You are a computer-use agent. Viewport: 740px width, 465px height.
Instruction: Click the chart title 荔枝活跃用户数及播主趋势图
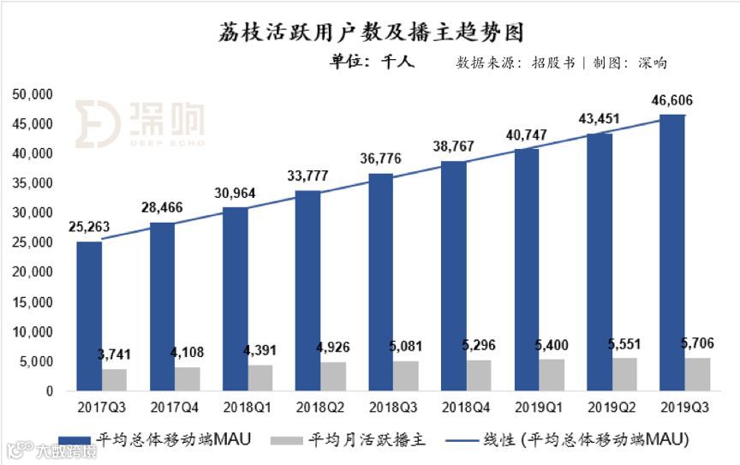(x=369, y=33)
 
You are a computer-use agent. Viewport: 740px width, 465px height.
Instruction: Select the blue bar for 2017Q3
(x=89, y=316)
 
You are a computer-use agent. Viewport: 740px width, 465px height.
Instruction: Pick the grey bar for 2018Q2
(x=332, y=376)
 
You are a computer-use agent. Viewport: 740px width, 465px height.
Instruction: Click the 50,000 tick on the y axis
(x=34, y=93)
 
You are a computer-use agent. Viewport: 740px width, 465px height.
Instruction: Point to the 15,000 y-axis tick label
(x=34, y=301)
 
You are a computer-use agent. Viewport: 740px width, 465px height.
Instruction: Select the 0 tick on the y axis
(x=50, y=390)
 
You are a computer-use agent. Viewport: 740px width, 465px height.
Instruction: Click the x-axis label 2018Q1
(x=248, y=407)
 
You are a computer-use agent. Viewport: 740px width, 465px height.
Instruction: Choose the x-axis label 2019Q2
(x=612, y=407)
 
